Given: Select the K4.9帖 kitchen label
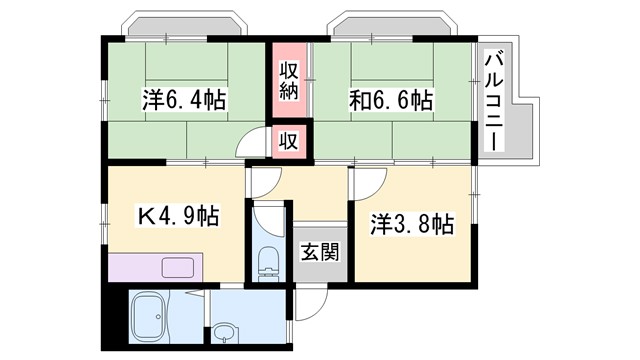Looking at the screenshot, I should (x=177, y=216).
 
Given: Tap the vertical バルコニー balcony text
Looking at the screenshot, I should (x=493, y=100).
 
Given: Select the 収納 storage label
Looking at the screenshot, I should (x=289, y=80).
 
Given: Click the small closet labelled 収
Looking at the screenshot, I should (x=288, y=141).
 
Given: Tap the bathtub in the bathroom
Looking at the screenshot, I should (x=154, y=317).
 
